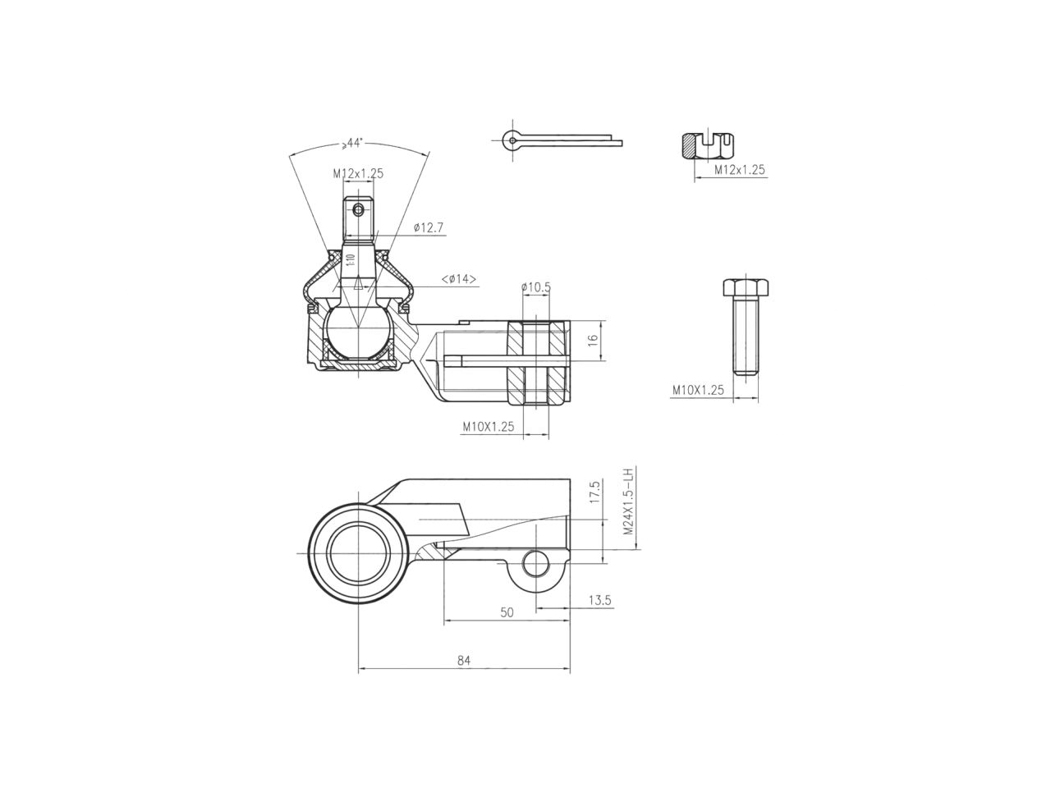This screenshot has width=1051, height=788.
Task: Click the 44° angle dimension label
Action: (x=353, y=143)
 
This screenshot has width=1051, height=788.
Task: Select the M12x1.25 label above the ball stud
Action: (x=358, y=173)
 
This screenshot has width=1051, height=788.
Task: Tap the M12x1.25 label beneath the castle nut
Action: (x=739, y=170)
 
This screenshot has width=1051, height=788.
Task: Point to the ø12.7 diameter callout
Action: (x=429, y=227)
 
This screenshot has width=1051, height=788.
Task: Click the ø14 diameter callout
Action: (x=459, y=279)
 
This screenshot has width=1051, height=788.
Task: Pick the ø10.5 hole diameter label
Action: (x=535, y=287)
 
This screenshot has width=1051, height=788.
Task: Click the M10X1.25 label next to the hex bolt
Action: (x=697, y=391)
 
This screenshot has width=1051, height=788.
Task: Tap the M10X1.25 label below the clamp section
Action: (x=488, y=426)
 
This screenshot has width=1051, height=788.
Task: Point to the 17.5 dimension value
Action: (x=594, y=497)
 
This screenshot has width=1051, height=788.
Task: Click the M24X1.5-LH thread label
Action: (x=628, y=502)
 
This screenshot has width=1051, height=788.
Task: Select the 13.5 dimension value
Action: (x=600, y=600)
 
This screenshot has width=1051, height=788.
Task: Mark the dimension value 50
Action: (x=507, y=612)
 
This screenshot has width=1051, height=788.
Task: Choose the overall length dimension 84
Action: (x=464, y=661)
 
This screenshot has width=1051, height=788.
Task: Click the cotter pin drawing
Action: (x=558, y=141)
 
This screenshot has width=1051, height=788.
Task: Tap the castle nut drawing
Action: (x=706, y=146)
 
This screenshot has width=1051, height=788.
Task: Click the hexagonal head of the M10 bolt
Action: (x=746, y=288)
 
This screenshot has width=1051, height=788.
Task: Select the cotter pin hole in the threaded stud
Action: (x=358, y=209)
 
